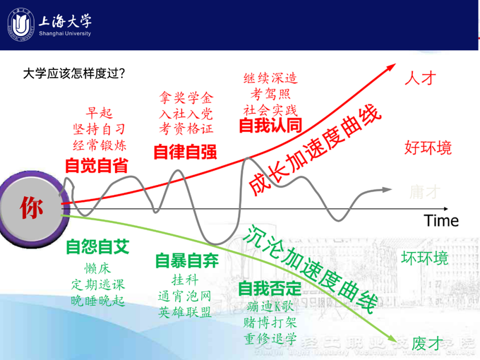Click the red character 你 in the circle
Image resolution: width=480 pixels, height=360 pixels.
click(31, 208)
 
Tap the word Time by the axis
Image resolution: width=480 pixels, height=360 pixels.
click(441, 220)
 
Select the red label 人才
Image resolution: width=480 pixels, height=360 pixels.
click(420, 79)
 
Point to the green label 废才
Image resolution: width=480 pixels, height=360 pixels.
click(428, 343)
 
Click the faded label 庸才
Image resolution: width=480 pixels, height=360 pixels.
click(425, 192)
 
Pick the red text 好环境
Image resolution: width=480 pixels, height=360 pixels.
click(428, 148)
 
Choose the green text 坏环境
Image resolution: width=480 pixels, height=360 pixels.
click(425, 258)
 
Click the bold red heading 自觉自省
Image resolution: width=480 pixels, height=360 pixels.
click(96, 165)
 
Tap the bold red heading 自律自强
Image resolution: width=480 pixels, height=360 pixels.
click(185, 152)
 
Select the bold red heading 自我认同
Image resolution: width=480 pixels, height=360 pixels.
click(270, 126)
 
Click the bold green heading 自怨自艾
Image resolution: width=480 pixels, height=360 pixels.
click(97, 247)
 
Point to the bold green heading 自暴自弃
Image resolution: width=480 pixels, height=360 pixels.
click(187, 261)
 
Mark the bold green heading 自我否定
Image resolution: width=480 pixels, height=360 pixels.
click(270, 289)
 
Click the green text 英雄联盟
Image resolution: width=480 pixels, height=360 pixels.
click(185, 312)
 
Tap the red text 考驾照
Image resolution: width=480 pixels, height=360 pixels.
click(270, 94)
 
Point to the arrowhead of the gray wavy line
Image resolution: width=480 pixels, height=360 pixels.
click(388, 190)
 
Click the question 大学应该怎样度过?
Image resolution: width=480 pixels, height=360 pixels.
click(74, 73)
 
